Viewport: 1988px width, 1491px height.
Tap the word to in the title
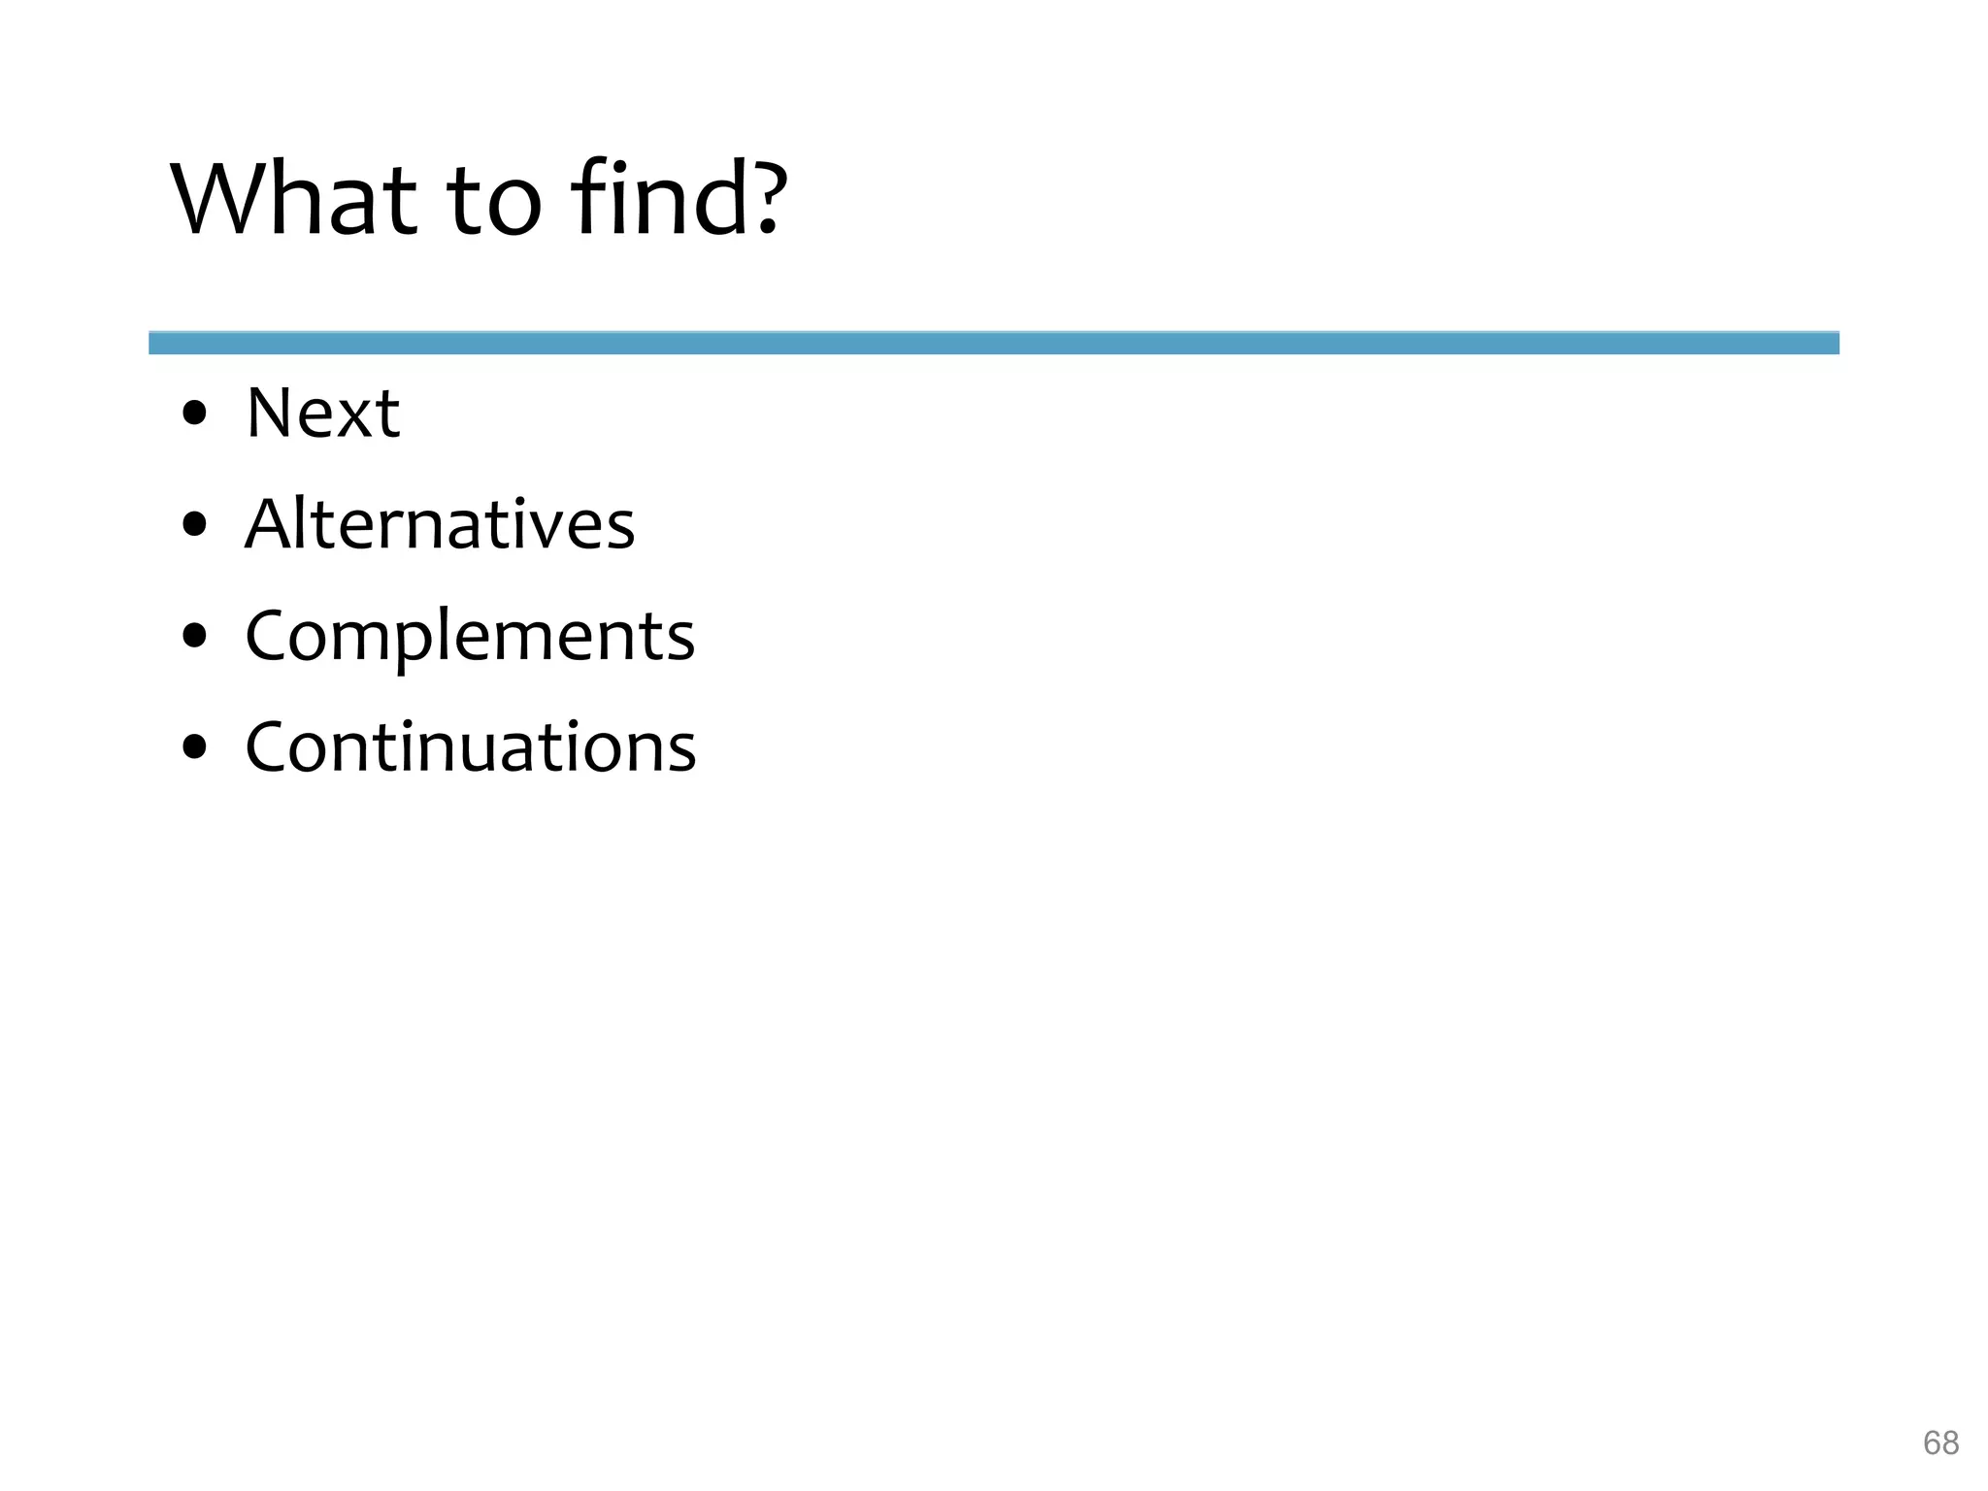point(494,202)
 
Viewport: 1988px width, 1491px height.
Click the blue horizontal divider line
point(993,343)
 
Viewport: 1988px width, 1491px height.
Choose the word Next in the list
point(322,414)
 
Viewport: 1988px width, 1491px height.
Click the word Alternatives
point(440,524)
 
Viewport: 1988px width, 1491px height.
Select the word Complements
point(470,637)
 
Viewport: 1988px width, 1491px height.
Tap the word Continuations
point(471,747)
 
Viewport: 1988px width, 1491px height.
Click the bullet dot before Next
point(195,414)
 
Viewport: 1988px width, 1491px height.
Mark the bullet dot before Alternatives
point(195,525)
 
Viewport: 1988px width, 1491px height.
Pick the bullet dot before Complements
point(195,637)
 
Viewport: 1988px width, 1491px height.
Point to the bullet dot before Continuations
point(195,748)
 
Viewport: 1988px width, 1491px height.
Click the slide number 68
point(1940,1443)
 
